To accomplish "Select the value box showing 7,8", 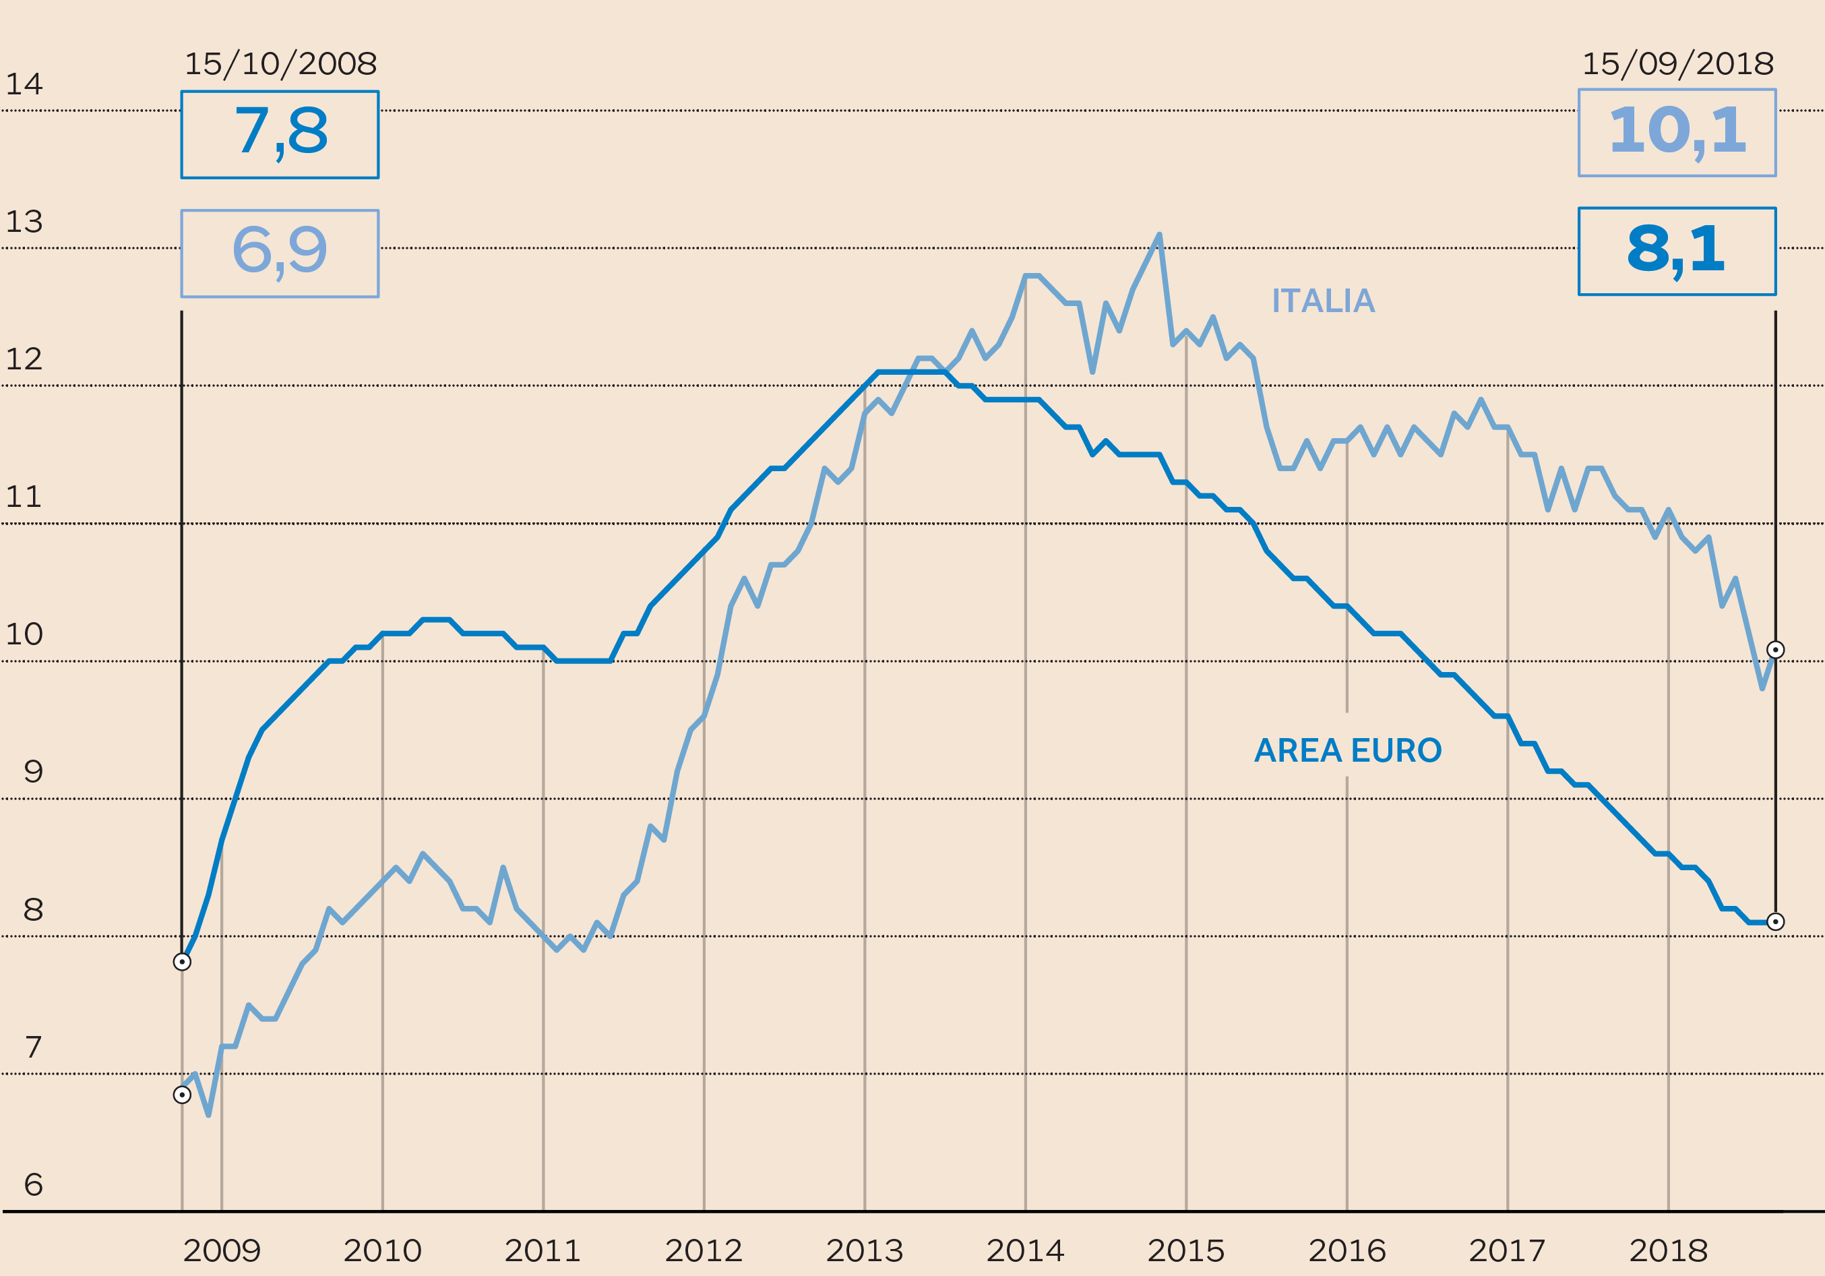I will tap(280, 134).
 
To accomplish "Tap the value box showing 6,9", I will tap(280, 253).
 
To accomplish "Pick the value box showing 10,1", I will tap(1677, 133).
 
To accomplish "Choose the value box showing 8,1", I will tap(1677, 251).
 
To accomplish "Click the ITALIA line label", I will tap(1323, 301).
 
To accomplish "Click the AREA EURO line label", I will tap(1347, 750).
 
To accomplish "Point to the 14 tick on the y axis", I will tap(24, 84).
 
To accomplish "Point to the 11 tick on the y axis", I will tap(24, 497).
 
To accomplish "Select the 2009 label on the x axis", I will tap(222, 1251).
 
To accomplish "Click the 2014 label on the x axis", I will tap(1025, 1251).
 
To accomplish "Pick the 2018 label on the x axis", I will tap(1669, 1251).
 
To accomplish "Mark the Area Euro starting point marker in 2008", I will tap(182, 962).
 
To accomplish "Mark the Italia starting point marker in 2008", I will tap(182, 1095).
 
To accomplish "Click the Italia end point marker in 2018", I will tap(1775, 650).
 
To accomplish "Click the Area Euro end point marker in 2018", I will tap(1775, 921).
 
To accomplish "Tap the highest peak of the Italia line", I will tap(1160, 235).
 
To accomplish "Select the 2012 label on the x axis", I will tap(704, 1251).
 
